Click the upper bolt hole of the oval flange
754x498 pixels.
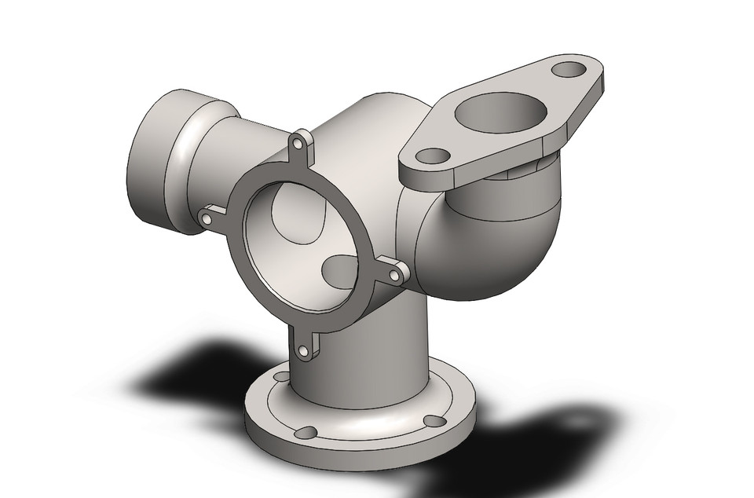565,70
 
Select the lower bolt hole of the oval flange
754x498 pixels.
430,156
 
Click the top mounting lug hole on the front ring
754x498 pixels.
299,144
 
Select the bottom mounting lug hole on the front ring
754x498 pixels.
305,351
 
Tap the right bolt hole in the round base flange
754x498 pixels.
430,420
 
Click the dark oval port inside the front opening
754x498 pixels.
340,272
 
